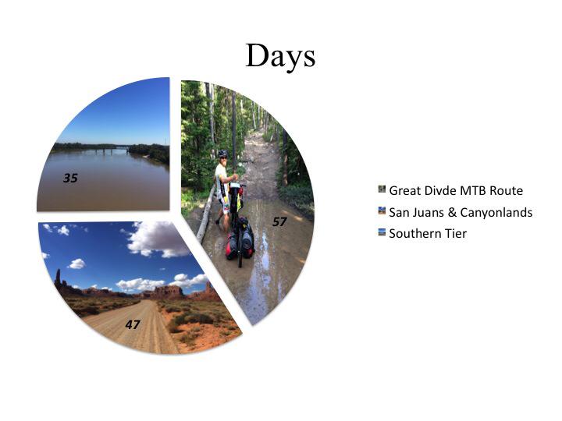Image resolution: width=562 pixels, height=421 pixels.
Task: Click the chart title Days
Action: (280, 55)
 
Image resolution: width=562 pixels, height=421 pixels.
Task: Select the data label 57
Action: (279, 222)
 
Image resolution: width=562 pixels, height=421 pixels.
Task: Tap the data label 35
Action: (70, 178)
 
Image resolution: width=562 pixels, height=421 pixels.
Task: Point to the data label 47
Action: (133, 324)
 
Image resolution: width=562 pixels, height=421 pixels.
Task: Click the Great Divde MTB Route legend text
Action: (456, 190)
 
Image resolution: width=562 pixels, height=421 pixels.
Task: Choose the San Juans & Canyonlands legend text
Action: (461, 212)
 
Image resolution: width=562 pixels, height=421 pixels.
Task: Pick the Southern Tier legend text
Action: (428, 233)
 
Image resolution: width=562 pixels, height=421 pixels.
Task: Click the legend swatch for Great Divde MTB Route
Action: (382, 189)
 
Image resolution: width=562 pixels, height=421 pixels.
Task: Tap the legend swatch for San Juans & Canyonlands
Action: (382, 210)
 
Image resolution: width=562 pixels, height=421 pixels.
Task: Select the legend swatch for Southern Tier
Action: (382, 232)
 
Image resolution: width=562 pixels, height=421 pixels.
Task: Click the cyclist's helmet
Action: (222, 154)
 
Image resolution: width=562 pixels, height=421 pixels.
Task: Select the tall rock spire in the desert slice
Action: (58, 278)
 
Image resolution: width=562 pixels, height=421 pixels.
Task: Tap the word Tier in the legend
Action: (455, 233)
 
